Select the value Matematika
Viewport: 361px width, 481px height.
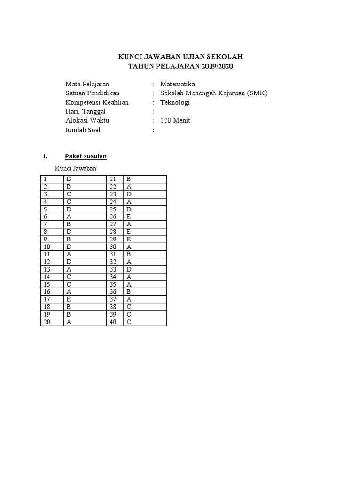[x=177, y=84]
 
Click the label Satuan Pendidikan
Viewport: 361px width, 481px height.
[x=93, y=93]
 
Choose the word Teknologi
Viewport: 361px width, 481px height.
[x=175, y=102]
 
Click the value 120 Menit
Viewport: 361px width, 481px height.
[x=175, y=120]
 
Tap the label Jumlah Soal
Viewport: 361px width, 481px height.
[x=83, y=130]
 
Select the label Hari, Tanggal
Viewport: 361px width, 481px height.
[x=86, y=111]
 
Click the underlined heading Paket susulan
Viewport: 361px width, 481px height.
[x=86, y=156]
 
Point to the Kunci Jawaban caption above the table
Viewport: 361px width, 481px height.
[x=75, y=168]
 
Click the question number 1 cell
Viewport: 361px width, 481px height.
[x=52, y=179]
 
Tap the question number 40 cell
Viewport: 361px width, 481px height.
[x=115, y=322]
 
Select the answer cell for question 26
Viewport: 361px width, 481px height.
[x=145, y=217]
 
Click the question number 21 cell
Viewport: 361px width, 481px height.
[x=115, y=179]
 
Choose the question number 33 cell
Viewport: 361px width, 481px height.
[x=115, y=269]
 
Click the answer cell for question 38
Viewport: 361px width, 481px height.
[x=145, y=307]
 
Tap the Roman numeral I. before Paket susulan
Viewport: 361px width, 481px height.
[x=45, y=156]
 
